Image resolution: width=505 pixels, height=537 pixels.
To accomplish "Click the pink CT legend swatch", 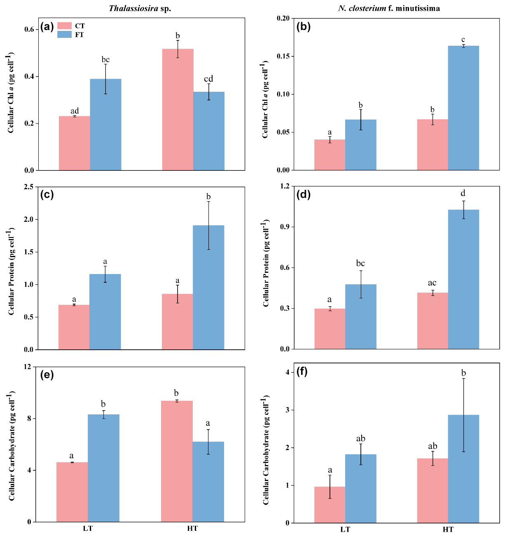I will pyautogui.click(x=64, y=26).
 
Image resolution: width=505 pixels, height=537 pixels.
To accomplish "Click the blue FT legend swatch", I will pyautogui.click(x=64, y=35).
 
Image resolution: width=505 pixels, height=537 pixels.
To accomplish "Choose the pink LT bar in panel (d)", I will pyautogui.click(x=330, y=329).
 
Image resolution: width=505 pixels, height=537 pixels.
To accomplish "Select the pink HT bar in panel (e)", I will pyautogui.click(x=177, y=461).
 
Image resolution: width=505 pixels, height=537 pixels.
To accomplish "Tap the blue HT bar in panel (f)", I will pyautogui.click(x=463, y=469).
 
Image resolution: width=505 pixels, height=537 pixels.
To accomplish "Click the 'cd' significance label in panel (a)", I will pyautogui.click(x=208, y=79).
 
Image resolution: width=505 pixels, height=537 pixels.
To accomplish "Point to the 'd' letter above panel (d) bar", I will pyautogui.click(x=463, y=193).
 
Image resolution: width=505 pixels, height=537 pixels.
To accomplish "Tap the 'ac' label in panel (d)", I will pyautogui.click(x=432, y=283).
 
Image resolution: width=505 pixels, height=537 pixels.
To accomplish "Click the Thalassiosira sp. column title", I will pyautogui.click(x=140, y=8).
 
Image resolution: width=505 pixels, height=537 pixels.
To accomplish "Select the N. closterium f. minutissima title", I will pyautogui.click(x=389, y=8).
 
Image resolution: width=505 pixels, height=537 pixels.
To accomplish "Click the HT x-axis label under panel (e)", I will pyautogui.click(x=192, y=528).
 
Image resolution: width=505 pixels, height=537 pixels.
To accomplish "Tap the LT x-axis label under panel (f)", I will pyautogui.click(x=345, y=530).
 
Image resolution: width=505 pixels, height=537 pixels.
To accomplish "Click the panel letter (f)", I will pyautogui.click(x=302, y=372).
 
